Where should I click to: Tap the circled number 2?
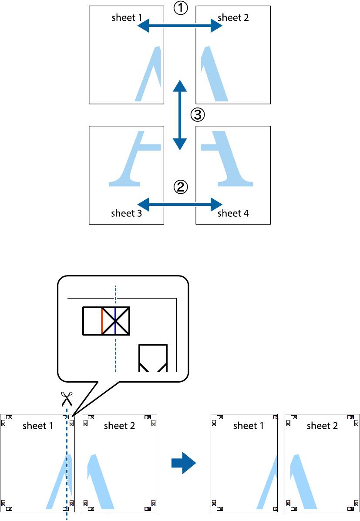point(181,187)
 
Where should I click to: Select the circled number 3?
point(197,115)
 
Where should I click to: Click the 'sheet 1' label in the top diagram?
point(126,18)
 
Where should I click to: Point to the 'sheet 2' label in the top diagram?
point(233,18)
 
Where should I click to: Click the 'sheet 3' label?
point(126,213)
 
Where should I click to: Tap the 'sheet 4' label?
point(233,213)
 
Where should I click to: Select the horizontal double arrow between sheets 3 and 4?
point(180,203)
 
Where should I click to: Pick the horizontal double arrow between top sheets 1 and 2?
point(180,27)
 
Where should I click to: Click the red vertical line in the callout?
point(102,321)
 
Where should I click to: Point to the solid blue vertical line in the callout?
point(115,321)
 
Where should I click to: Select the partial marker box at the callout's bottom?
point(153,358)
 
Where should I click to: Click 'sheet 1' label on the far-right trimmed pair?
point(249,426)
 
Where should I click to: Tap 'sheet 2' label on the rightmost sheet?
point(322,426)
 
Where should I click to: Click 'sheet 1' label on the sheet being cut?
point(38,426)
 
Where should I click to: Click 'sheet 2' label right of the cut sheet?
point(119,426)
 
